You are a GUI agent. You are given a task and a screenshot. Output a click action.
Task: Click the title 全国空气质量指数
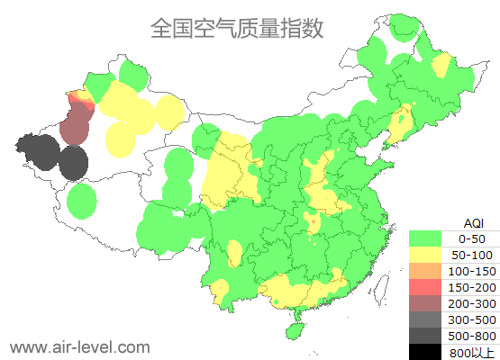click(x=237, y=29)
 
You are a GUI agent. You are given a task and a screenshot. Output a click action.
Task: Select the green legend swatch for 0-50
click(x=425, y=238)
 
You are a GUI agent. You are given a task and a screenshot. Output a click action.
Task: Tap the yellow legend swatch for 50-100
click(x=425, y=255)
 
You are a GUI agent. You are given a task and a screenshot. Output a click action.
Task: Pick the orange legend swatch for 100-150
click(x=425, y=271)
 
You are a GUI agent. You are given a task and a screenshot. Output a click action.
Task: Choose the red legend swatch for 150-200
click(x=425, y=287)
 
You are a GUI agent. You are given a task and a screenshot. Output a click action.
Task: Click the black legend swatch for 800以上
click(x=425, y=352)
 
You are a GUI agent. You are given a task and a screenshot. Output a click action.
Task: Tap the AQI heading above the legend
click(x=473, y=222)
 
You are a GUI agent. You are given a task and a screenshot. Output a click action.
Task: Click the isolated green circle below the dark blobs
click(x=81, y=201)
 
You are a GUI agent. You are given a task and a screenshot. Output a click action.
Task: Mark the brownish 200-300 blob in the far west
click(x=76, y=124)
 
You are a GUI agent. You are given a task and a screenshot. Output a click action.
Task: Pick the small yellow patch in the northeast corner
click(x=441, y=66)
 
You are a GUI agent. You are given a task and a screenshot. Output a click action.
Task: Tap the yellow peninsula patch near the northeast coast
click(x=402, y=121)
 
